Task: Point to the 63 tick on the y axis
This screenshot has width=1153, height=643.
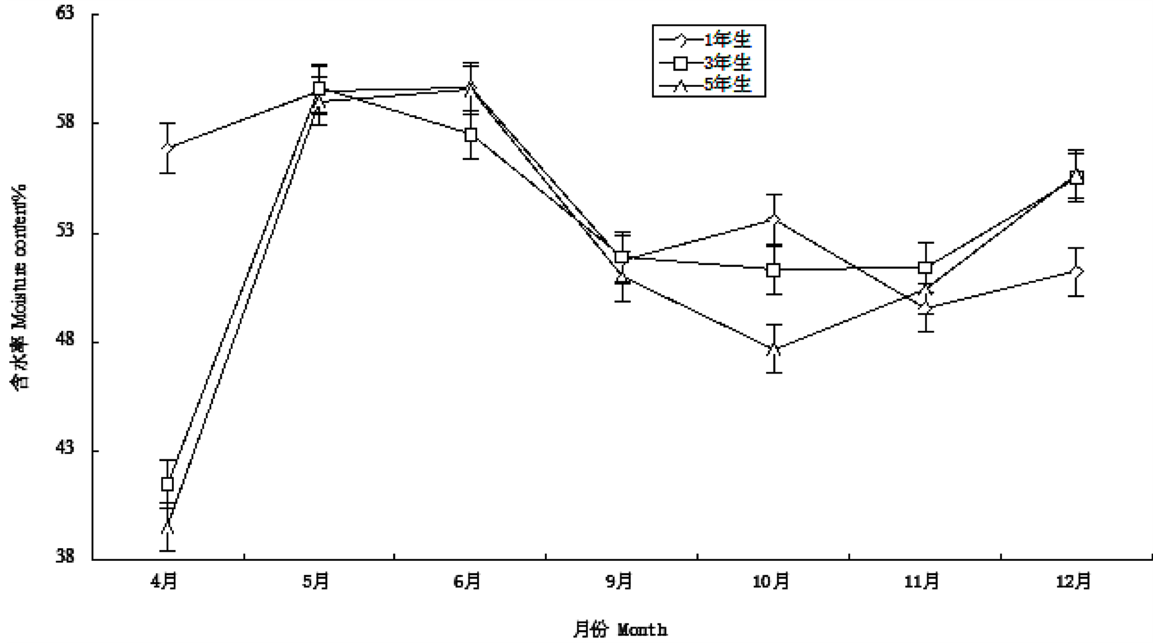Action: [x=64, y=13]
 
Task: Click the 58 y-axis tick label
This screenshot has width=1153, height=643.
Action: [x=64, y=122]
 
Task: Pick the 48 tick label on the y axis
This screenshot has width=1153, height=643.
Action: [x=64, y=340]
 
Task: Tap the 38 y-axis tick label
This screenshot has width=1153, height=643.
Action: [x=64, y=557]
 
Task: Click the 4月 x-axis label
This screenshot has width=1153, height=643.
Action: [x=164, y=581]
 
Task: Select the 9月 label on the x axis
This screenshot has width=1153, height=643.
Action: [x=620, y=581]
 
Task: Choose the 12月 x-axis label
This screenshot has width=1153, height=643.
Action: [x=1074, y=581]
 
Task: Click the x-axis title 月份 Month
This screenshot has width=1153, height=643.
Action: [x=620, y=630]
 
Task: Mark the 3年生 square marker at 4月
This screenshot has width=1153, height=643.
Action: [x=167, y=484]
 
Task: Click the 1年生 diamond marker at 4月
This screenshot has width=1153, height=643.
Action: [x=167, y=148]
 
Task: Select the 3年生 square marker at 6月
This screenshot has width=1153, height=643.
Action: [x=470, y=135]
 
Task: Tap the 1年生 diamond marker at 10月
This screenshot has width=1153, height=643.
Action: [x=774, y=219]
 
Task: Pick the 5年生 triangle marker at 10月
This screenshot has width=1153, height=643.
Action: [x=774, y=349]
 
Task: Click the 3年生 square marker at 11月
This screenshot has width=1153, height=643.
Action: [x=925, y=268]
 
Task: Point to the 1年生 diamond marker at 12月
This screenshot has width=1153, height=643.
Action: [x=1076, y=271]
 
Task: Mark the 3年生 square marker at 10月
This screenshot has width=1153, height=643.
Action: [x=773, y=270]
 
